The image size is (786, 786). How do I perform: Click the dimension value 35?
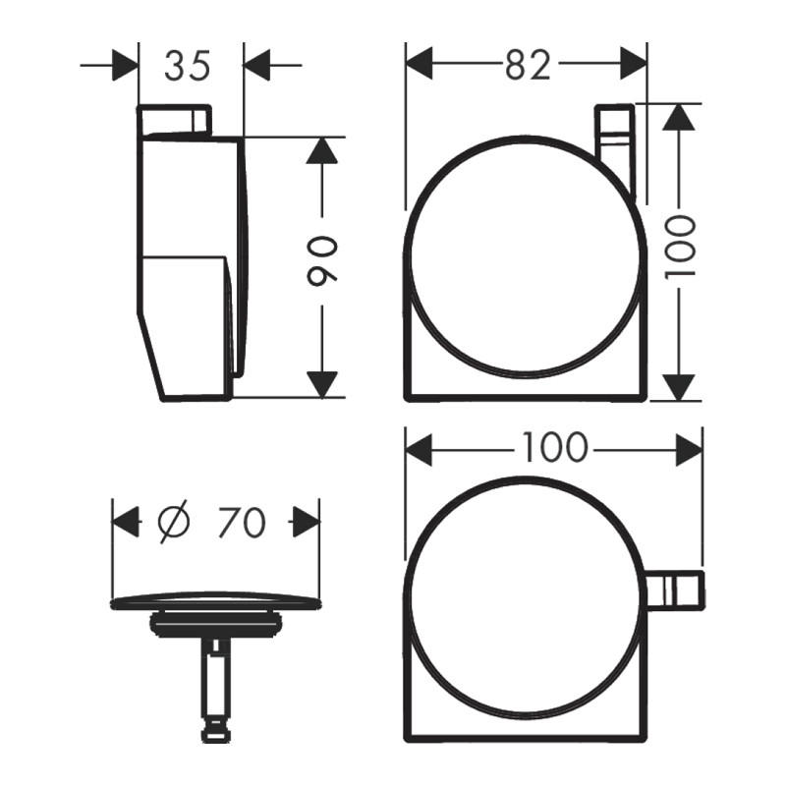(187, 65)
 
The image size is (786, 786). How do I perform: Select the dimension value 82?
(529, 65)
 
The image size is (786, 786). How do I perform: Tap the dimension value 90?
(322, 261)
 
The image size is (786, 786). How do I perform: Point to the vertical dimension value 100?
(680, 246)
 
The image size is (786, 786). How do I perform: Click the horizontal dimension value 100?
(554, 447)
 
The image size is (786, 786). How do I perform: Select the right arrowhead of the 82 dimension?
(634, 63)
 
